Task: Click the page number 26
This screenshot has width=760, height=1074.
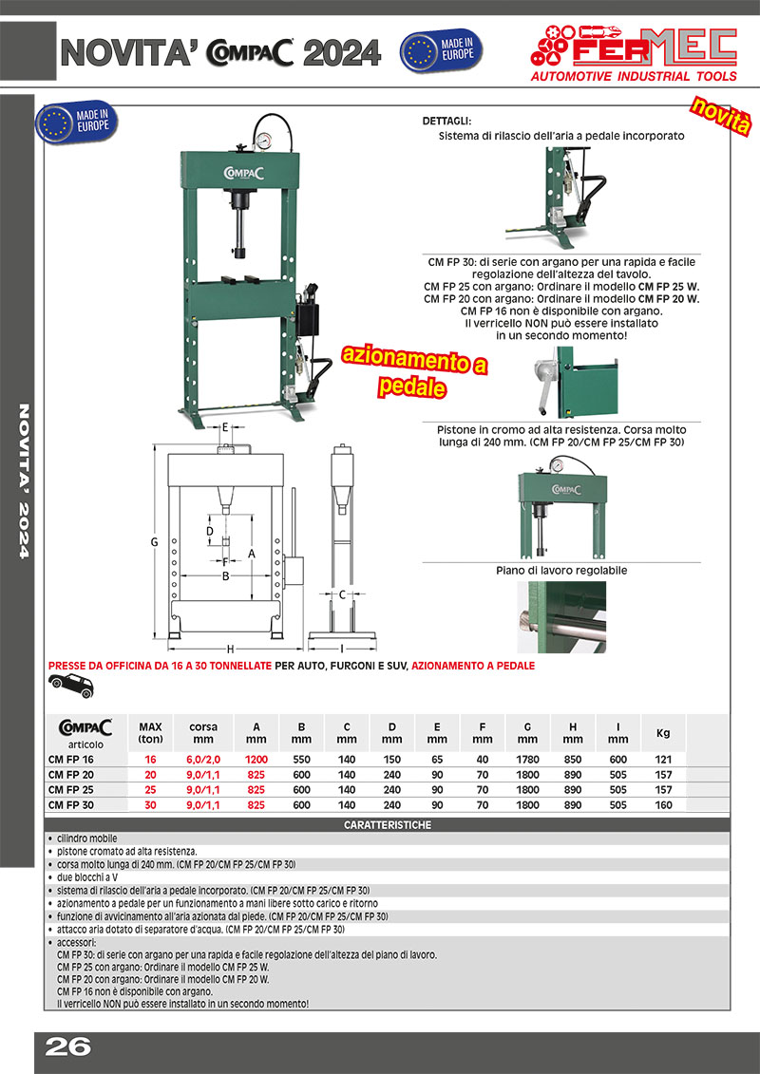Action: click(x=67, y=1046)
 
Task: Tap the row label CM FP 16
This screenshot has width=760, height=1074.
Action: click(x=71, y=760)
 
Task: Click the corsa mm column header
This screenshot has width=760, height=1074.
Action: click(x=203, y=731)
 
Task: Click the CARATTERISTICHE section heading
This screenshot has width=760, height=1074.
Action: click(x=387, y=825)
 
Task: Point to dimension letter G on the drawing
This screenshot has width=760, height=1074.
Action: click(x=154, y=541)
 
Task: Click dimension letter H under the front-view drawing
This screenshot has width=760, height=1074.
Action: click(x=230, y=649)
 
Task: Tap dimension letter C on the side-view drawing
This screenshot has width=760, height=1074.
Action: click(x=342, y=595)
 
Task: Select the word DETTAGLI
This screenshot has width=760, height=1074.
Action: click(x=446, y=122)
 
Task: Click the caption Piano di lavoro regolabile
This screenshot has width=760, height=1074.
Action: click(x=561, y=571)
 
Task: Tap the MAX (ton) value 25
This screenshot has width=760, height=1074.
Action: click(x=150, y=790)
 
